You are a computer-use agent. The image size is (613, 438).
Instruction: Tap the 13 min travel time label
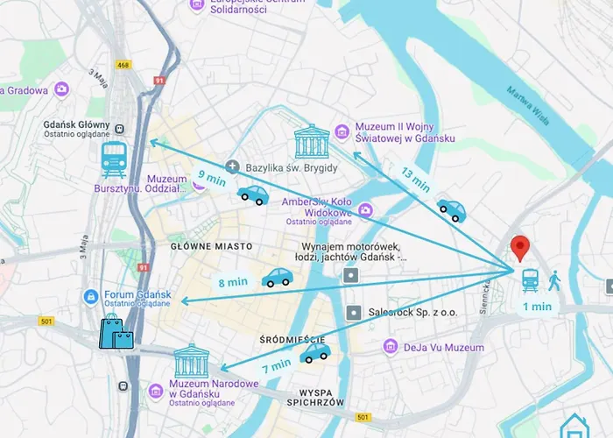click(415, 179)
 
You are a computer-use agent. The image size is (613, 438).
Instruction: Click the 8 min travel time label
click(232, 282)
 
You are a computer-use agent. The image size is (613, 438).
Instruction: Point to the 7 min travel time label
click(276, 363)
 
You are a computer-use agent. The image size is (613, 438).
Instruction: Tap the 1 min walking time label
click(537, 307)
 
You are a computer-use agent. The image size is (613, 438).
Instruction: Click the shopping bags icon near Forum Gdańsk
click(116, 332)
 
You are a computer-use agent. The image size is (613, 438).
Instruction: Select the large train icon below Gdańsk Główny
click(114, 160)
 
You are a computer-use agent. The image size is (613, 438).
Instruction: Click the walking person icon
click(555, 280)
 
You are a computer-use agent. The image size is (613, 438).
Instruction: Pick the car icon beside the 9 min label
click(254, 194)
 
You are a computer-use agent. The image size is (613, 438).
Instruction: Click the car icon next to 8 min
click(278, 278)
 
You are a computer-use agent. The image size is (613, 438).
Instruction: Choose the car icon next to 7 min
click(315, 352)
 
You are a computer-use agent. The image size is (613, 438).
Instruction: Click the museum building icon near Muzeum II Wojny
click(312, 140)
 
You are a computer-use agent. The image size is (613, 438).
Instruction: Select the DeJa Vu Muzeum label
click(443, 348)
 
